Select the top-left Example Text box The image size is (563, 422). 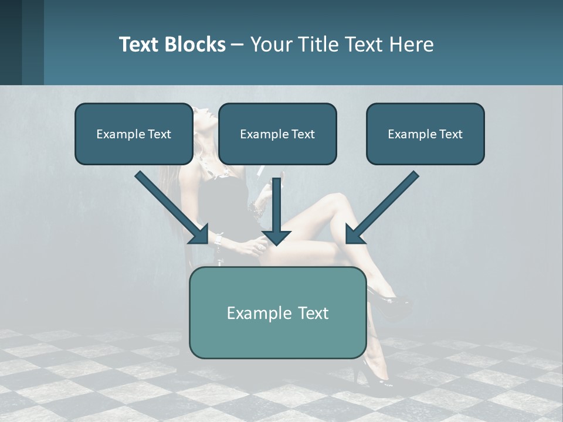click(x=134, y=134)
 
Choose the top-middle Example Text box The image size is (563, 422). click(x=277, y=134)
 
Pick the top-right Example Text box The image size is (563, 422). click(x=425, y=134)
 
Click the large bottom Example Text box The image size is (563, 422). click(x=277, y=312)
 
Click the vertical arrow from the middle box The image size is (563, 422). click(x=276, y=212)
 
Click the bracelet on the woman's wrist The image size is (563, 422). click(x=219, y=239)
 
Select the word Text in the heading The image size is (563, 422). click(x=361, y=45)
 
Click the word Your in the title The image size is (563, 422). click(x=270, y=45)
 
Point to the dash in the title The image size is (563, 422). click(x=238, y=45)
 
